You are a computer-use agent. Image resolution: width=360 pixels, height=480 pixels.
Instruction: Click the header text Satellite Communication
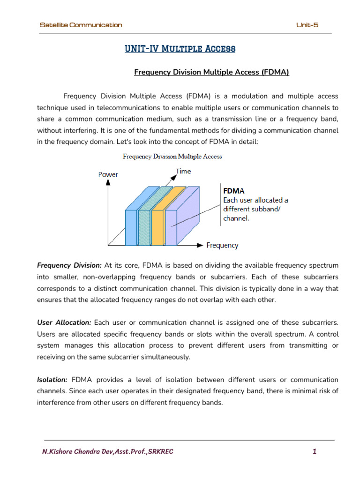pyautogui.click(x=81, y=25)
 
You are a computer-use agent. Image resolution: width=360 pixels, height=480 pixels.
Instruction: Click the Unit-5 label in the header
pyautogui.click(x=307, y=25)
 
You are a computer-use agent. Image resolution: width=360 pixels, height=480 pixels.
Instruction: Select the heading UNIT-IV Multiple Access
pyautogui.click(x=180, y=49)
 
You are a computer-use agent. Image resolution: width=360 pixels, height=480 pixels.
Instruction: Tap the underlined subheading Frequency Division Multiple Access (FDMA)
pyautogui.click(x=211, y=72)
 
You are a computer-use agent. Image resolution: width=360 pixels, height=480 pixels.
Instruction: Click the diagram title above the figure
pyautogui.click(x=172, y=156)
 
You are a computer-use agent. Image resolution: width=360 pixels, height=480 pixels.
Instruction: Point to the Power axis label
pyautogui.click(x=108, y=174)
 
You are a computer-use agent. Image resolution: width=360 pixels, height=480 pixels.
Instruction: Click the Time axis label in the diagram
pyautogui.click(x=183, y=171)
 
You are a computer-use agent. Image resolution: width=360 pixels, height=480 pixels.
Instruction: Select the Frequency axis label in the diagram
pyautogui.click(x=222, y=245)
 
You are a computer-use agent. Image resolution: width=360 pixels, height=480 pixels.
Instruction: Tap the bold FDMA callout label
pyautogui.click(x=233, y=191)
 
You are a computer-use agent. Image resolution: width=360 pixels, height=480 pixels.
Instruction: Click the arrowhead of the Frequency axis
pyautogui.click(x=200, y=245)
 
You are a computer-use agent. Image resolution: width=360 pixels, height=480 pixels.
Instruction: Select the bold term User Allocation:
pyautogui.click(x=64, y=322)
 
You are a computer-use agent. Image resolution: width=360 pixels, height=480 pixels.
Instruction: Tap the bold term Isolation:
pyautogui.click(x=52, y=379)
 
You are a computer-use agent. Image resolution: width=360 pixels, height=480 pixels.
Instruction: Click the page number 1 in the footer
pyautogui.click(x=315, y=452)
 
